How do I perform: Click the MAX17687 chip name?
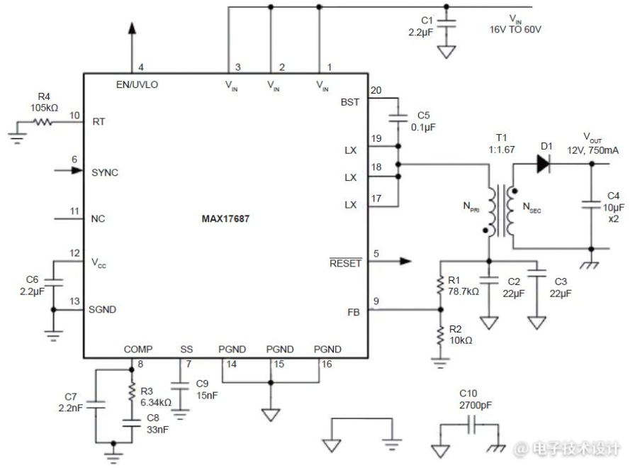225,219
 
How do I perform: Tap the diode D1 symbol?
543,164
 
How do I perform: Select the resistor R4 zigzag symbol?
43,121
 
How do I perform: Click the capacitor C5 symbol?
398,118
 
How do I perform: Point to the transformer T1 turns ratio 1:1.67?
501,150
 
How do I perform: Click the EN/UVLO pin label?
137,84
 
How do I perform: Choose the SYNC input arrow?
69,170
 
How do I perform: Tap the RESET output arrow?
390,261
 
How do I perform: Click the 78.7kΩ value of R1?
463,291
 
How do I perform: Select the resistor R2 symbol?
440,335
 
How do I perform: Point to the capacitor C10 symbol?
471,425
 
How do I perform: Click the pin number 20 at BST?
376,90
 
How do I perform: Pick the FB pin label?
354,313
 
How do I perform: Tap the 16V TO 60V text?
515,30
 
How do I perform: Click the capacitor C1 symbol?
446,23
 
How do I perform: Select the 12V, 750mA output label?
593,150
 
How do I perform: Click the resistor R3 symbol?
132,392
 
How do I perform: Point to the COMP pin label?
138,350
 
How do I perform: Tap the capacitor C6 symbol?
53,282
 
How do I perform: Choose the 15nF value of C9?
207,396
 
